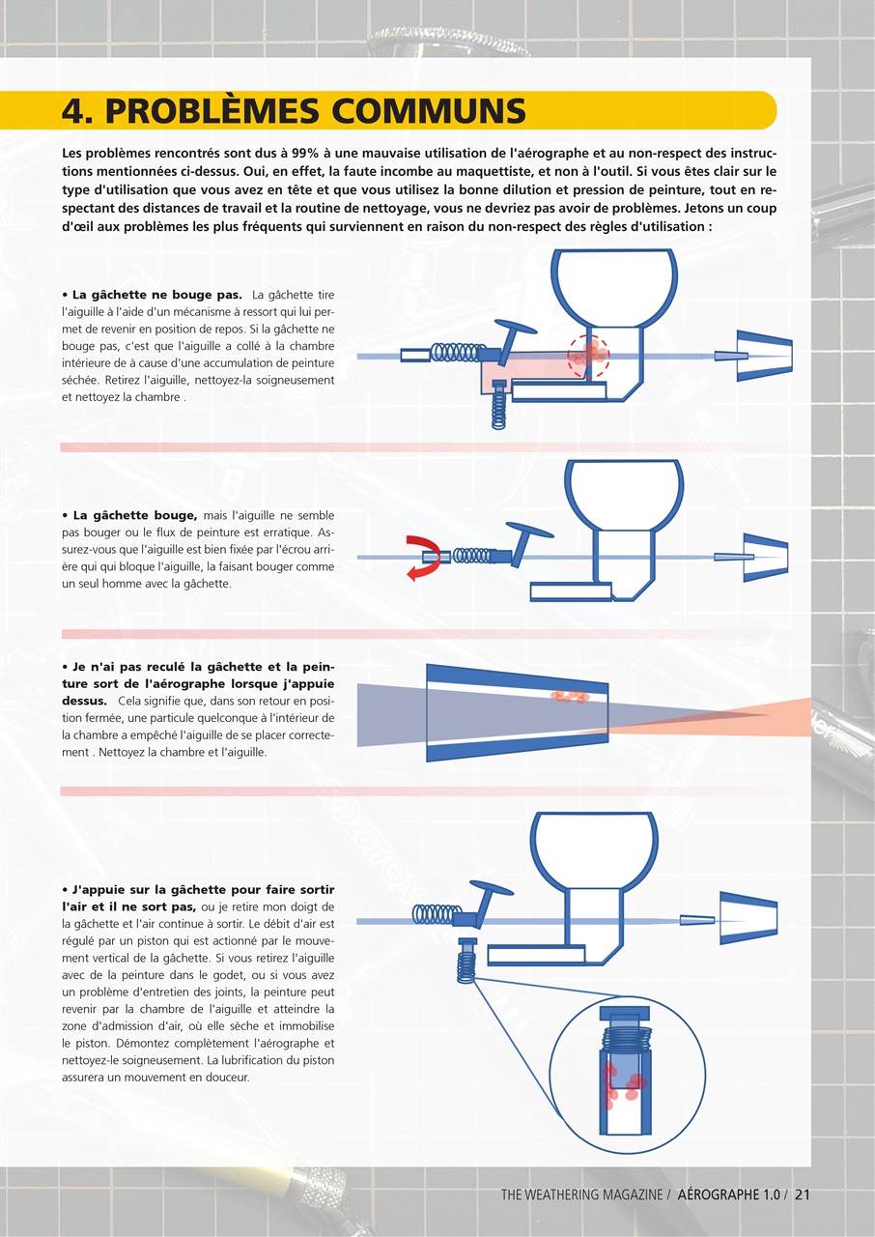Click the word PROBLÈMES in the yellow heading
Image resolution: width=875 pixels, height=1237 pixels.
[212, 110]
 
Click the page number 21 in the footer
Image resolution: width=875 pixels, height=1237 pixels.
[803, 1194]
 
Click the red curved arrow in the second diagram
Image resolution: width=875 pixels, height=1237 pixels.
[424, 558]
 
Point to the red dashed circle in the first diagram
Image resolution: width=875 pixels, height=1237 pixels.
[589, 357]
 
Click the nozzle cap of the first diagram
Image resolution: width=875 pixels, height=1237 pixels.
[765, 357]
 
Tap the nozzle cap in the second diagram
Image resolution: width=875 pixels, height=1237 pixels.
[765, 558]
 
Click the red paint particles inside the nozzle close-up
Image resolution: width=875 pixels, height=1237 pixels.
[570, 697]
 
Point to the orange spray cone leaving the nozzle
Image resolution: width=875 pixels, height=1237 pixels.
[718, 716]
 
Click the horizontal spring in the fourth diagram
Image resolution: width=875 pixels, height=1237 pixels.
[436, 914]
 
